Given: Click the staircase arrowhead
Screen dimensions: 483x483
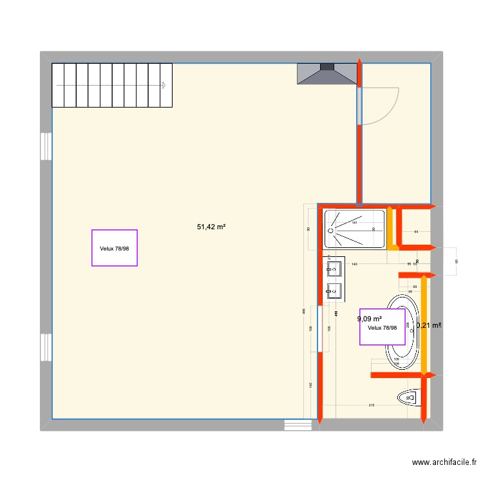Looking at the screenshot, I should (164, 85).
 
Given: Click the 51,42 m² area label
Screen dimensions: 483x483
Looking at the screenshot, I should (211, 227).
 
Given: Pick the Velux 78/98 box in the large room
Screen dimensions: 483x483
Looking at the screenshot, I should (115, 248).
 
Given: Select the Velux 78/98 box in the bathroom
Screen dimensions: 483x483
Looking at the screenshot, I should (383, 327).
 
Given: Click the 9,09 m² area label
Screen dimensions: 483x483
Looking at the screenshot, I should (370, 318).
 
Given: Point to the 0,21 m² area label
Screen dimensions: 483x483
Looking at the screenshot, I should (428, 325).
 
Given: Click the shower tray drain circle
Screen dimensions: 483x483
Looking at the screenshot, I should (333, 229).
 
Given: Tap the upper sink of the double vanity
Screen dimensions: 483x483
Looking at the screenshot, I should (334, 267).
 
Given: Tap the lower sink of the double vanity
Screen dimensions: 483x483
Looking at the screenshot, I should (334, 290).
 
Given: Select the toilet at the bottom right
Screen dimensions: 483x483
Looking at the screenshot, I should (409, 398).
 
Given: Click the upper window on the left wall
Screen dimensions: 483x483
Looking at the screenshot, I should (46, 146).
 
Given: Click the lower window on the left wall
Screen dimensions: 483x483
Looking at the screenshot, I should (46, 347).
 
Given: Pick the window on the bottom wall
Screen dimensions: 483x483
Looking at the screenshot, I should (298, 425).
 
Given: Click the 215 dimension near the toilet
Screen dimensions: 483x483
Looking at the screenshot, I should (372, 405).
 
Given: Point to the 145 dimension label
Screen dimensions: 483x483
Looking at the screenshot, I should (310, 384).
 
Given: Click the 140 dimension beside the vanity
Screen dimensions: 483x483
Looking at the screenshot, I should (354, 264).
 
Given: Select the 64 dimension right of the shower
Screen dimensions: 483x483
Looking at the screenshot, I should (416, 231).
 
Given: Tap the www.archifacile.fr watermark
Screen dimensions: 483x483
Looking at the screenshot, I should (444, 462).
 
